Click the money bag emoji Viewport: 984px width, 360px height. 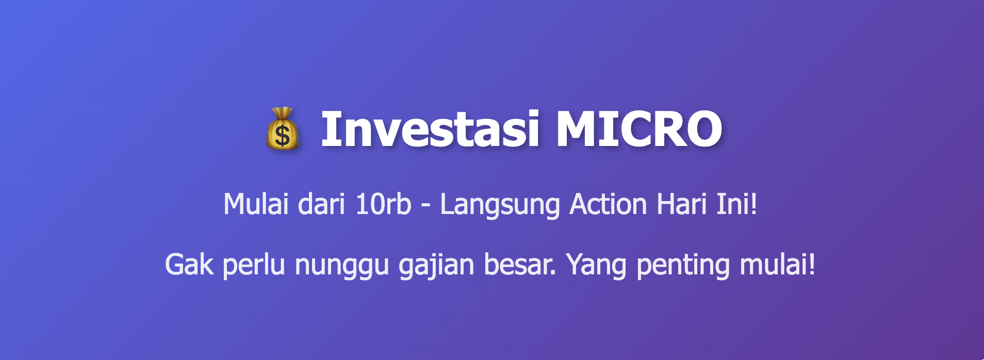tap(282, 129)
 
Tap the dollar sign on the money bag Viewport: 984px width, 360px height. tap(282, 136)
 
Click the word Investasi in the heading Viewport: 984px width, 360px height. tap(430, 129)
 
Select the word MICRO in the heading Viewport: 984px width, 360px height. tap(638, 129)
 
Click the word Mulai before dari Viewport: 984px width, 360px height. tap(255, 204)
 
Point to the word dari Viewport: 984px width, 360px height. tap(321, 204)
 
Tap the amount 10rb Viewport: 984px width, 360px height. tap(383, 204)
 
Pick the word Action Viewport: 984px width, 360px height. tap(608, 204)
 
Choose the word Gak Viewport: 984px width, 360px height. tap(189, 265)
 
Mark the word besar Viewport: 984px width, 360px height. tap(520, 265)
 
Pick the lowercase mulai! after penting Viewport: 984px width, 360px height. tap(777, 265)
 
